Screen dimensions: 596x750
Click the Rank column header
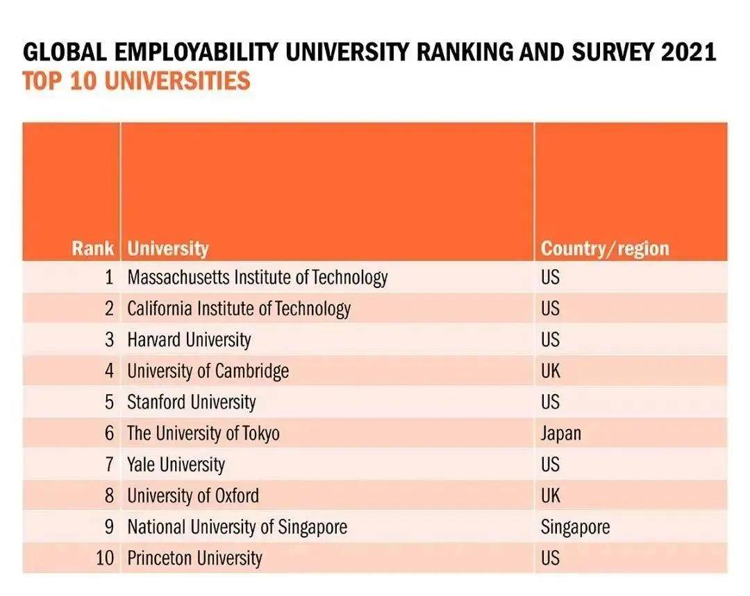[x=92, y=248]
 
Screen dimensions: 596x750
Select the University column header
[x=167, y=248]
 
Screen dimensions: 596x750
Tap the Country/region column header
[x=605, y=248]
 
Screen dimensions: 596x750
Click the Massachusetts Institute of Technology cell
[x=257, y=278]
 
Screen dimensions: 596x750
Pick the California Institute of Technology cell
[x=238, y=309]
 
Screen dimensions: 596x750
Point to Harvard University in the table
[x=189, y=340]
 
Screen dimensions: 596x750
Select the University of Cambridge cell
[x=208, y=371]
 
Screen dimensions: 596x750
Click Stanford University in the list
[x=191, y=402]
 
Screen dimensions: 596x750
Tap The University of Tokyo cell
[x=203, y=434]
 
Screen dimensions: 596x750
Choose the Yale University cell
[x=176, y=465]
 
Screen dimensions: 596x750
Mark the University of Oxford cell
[x=192, y=496]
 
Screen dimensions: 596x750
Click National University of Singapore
[x=237, y=527]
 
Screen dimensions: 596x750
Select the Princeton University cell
[x=194, y=559]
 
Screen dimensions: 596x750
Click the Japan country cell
[x=560, y=434]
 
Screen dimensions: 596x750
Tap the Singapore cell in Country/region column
[x=575, y=527]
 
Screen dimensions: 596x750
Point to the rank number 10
[x=104, y=559]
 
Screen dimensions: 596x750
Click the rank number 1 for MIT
[x=108, y=278]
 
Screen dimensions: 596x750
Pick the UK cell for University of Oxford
[x=550, y=496]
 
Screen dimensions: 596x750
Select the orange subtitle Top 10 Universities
[x=136, y=81]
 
